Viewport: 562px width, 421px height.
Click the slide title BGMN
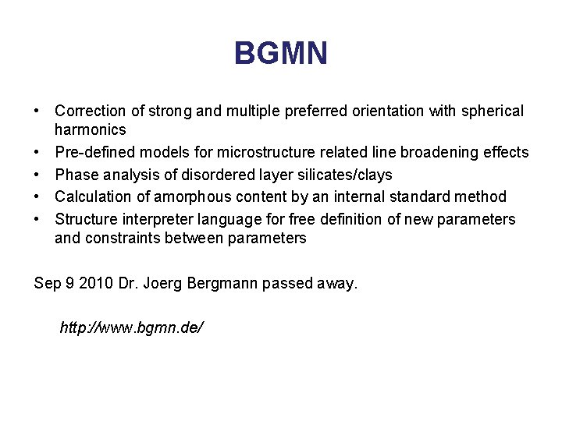click(x=281, y=55)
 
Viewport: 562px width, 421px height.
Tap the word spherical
click(x=493, y=111)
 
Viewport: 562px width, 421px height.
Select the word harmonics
click(x=91, y=129)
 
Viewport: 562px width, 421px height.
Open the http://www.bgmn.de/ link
click(x=132, y=327)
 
